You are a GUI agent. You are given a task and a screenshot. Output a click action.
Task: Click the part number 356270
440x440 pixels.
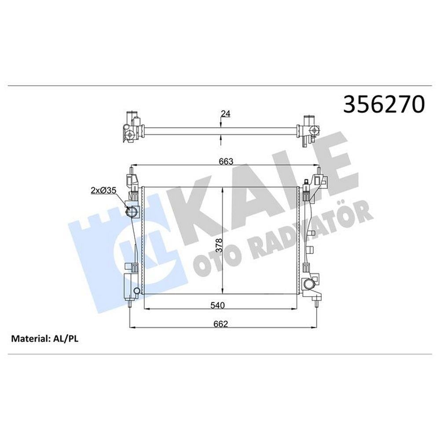384,104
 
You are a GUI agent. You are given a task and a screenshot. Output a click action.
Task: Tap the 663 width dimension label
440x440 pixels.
226,161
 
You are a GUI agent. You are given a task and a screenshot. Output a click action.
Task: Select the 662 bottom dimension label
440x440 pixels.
220,324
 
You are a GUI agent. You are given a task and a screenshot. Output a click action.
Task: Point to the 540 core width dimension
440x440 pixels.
217,305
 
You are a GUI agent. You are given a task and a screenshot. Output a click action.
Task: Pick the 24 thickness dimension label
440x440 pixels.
226,114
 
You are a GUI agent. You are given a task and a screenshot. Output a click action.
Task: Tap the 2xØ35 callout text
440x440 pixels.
103,191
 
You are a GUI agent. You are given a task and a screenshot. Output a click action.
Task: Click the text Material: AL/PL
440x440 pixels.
44,339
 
